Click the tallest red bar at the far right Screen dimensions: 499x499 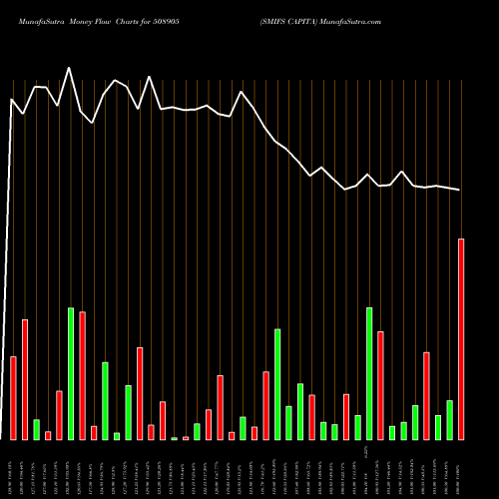pos(461,339)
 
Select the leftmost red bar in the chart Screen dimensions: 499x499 pos(13,397)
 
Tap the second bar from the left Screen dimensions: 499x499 pos(25,379)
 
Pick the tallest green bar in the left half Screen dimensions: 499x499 pos(71,373)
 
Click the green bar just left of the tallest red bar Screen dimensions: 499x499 pos(449,419)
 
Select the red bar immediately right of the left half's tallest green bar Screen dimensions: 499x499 pos(82,375)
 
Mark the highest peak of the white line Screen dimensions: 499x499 pos(69,68)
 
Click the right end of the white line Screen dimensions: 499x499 pos(460,190)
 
